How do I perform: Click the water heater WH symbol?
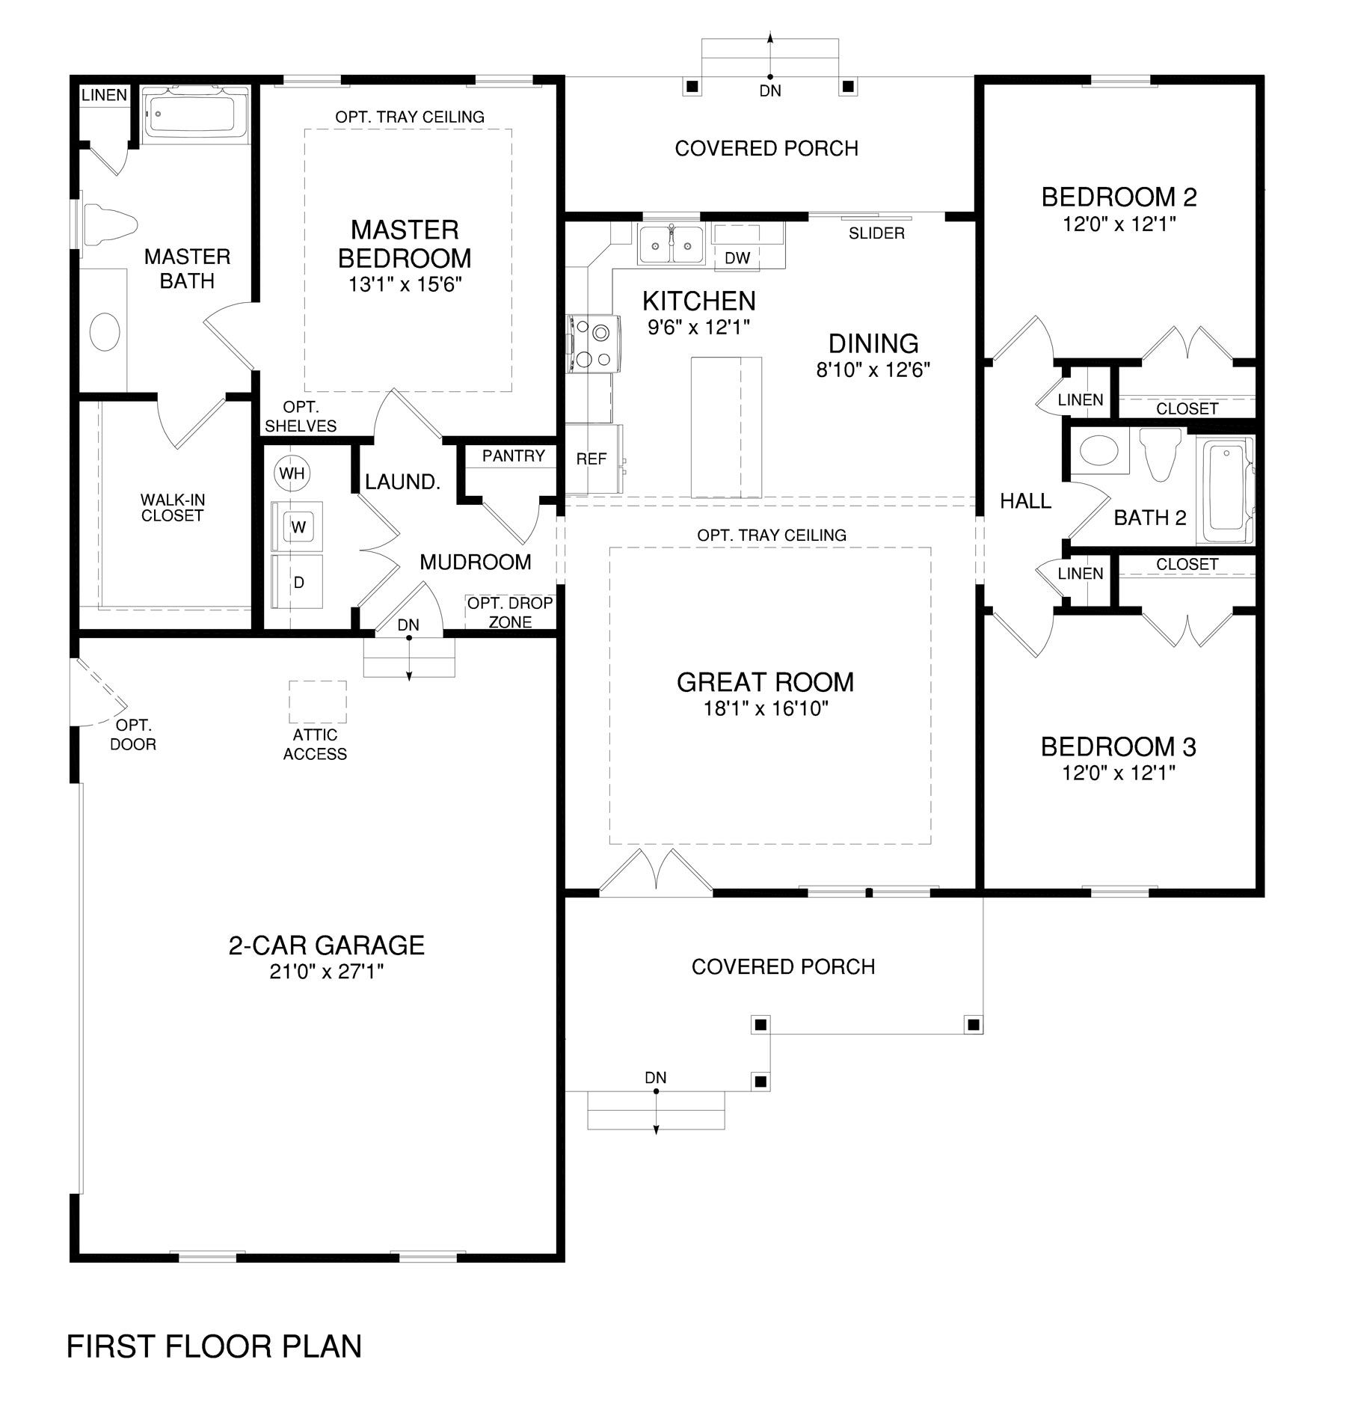coord(292,473)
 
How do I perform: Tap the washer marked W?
coord(298,527)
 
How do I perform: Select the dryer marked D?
coord(298,581)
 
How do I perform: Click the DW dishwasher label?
coord(737,258)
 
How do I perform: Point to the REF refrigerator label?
coord(591,459)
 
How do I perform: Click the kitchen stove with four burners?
coord(592,344)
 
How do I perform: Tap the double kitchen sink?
coord(670,244)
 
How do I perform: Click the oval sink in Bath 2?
coord(1100,452)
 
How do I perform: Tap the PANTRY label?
coord(514,456)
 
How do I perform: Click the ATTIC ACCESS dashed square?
coord(318,702)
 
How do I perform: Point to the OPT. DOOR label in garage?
coord(133,735)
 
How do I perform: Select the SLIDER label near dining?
coord(876,233)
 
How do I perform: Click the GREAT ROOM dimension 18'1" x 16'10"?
coord(766,708)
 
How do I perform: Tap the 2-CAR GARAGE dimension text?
coord(326,972)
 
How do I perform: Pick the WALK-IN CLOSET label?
coord(172,507)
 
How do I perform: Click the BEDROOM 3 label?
coord(1119,747)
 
